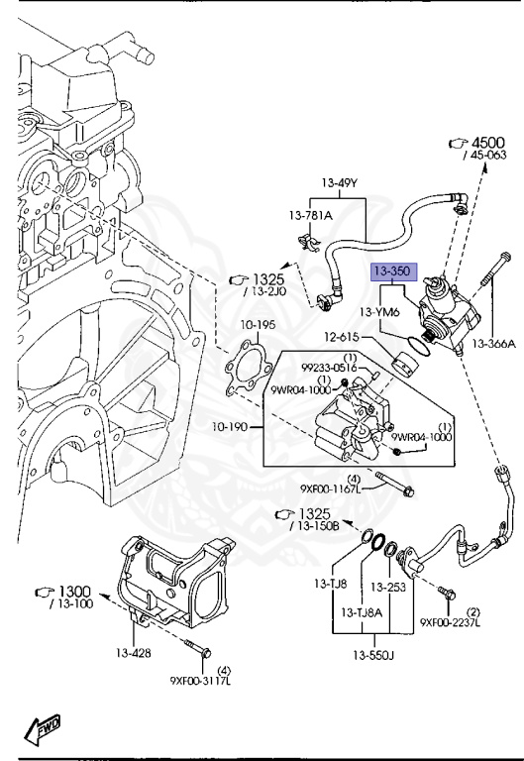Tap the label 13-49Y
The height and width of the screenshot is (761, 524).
click(x=338, y=182)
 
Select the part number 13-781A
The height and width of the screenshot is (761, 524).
click(x=311, y=215)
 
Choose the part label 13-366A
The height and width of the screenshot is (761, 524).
click(x=494, y=344)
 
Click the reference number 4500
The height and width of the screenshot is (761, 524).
click(x=485, y=142)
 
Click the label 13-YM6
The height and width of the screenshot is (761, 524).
click(x=379, y=312)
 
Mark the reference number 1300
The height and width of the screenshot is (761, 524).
click(x=71, y=591)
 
